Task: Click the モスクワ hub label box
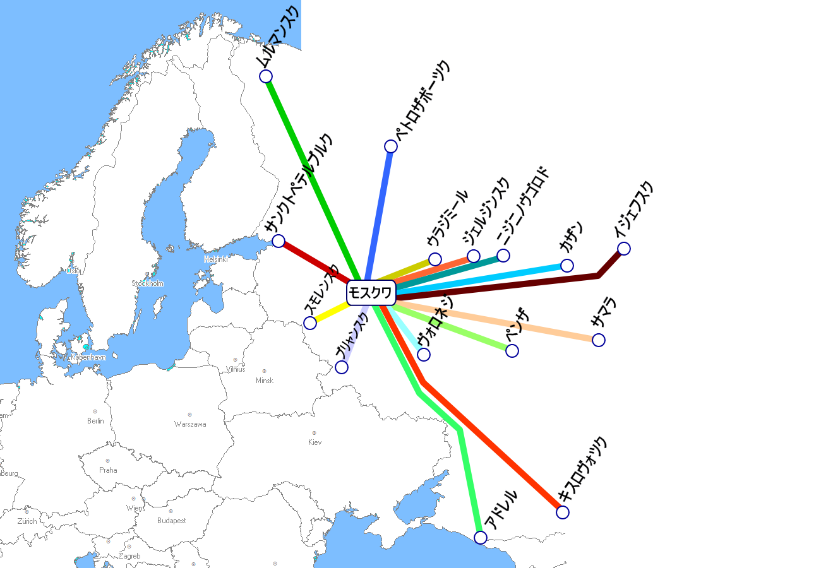point(371,293)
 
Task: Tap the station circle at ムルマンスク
point(266,76)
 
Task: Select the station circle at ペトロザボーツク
point(391,146)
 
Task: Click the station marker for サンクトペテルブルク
point(279,240)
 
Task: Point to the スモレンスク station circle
point(310,323)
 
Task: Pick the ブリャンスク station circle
point(342,367)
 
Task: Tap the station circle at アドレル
point(481,538)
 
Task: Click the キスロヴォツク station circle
point(563,512)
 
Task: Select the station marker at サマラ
point(599,340)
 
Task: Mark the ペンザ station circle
point(512,351)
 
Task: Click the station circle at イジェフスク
point(624,249)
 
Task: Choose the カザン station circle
point(567,266)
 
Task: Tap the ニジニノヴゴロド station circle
point(503,256)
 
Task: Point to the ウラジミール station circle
point(435,259)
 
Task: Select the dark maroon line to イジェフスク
point(505,285)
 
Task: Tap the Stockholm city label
point(147,283)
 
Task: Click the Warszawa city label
point(190,424)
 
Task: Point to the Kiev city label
point(315,442)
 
